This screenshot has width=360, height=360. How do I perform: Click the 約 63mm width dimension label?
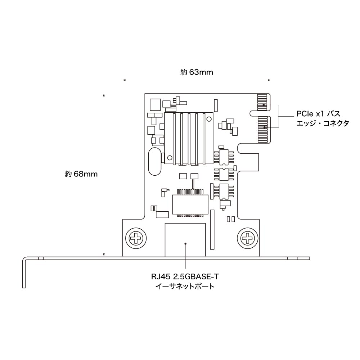pyautogui.click(x=197, y=72)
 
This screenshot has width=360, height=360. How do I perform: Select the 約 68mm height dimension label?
pyautogui.click(x=81, y=174)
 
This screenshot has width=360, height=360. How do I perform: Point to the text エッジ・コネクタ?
pyautogui.click(x=322, y=123)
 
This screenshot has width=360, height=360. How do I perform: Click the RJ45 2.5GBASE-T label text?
pyautogui.click(x=185, y=277)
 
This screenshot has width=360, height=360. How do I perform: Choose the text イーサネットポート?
pyautogui.click(x=185, y=287)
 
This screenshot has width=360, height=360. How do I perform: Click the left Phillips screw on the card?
pyautogui.click(x=136, y=238)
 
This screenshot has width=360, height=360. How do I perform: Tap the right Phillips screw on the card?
pyautogui.click(x=248, y=238)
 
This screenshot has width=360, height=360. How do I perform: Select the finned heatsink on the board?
pyautogui.click(x=188, y=138)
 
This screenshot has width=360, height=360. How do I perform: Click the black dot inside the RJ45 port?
pyautogui.click(x=185, y=243)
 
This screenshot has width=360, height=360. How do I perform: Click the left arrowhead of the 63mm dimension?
pyautogui.click(x=124, y=80)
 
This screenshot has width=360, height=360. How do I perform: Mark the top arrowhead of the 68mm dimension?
pyautogui.click(x=104, y=95)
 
